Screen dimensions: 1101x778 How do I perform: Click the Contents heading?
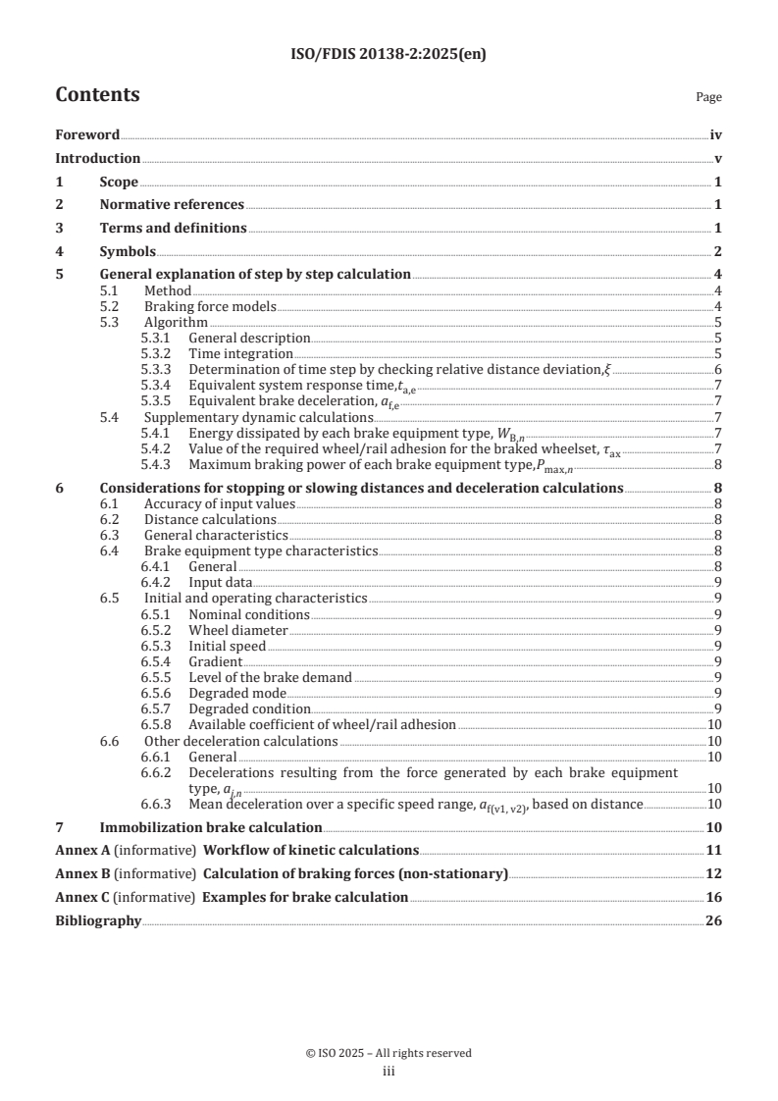tap(97, 95)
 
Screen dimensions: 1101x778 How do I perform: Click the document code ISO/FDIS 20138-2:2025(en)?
tap(389, 55)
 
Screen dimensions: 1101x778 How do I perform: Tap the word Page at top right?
tap(707, 98)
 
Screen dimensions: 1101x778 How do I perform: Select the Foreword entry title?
tap(87, 135)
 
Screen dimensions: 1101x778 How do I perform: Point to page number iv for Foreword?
tap(715, 135)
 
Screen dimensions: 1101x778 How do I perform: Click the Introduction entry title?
tap(97, 158)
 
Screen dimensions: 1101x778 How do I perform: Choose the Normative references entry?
tap(172, 204)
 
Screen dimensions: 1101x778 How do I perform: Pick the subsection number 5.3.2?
tap(158, 353)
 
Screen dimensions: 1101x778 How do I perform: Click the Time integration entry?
tap(240, 353)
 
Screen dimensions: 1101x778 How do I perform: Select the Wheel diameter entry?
tap(238, 630)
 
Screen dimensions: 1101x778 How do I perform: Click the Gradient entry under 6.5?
tap(216, 661)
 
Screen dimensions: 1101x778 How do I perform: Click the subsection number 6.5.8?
tap(158, 724)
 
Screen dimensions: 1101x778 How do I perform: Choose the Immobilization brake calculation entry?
tap(211, 827)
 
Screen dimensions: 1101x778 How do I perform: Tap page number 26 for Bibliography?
tap(713, 920)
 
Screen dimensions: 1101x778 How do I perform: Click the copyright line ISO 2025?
tap(389, 1053)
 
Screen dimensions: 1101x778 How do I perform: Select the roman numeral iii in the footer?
tap(389, 1072)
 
